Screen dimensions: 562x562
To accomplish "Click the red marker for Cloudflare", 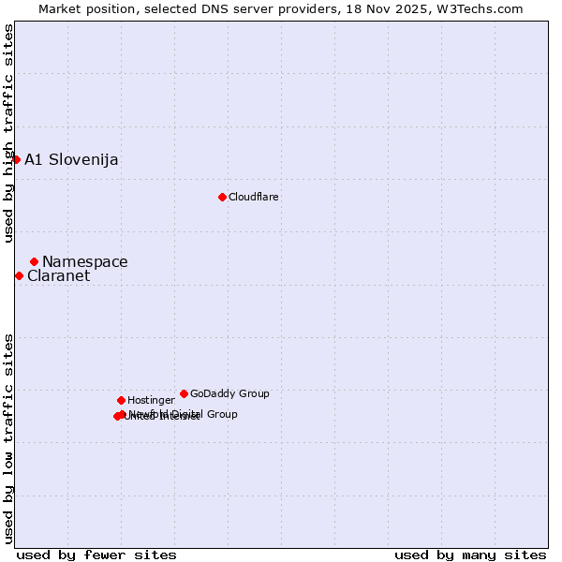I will click(222, 197).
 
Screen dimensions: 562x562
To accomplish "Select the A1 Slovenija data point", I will click(16, 159).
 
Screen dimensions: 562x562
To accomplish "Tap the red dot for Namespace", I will click(34, 261).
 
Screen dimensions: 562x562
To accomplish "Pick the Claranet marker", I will click(19, 275).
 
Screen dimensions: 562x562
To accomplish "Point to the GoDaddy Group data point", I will click(184, 393).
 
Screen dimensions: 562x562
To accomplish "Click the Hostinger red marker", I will click(121, 400).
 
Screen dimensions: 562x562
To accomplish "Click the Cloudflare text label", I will click(254, 197).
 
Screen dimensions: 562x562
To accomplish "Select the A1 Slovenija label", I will click(71, 159).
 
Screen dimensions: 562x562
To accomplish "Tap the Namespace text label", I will click(85, 262).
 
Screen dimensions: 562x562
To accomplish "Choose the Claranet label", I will click(58, 276).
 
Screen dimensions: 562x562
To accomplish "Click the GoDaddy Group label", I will click(229, 393).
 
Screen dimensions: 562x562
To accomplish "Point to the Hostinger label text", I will click(151, 400).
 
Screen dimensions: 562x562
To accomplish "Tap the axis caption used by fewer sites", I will click(96, 555).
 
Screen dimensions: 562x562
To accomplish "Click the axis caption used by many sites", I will click(470, 555).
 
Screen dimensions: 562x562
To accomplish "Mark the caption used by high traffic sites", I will click(8, 133).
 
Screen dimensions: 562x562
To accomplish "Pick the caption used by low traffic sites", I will click(8, 437).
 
